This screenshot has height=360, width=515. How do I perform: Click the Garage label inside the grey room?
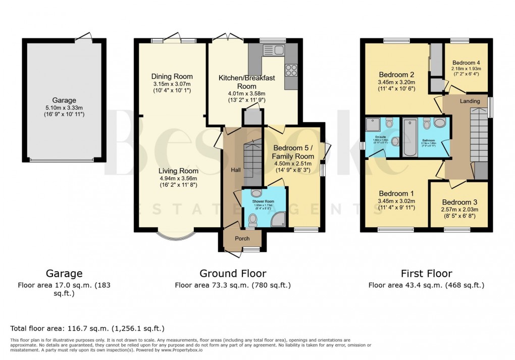64,100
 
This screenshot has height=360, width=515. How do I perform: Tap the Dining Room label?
172,77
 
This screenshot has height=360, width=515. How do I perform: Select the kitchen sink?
273,50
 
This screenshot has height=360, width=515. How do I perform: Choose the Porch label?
243,238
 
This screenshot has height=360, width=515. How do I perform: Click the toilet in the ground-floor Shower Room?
253,219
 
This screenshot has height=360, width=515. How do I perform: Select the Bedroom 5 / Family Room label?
293,152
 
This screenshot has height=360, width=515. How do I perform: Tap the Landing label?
470,101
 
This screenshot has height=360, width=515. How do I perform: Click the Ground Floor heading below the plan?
233,274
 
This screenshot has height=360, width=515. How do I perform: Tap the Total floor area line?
87,328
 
